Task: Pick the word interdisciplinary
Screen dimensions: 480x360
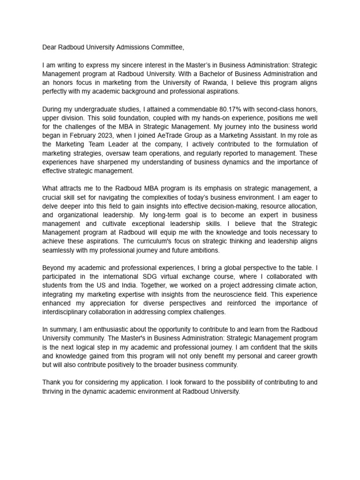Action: click(x=68, y=312)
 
